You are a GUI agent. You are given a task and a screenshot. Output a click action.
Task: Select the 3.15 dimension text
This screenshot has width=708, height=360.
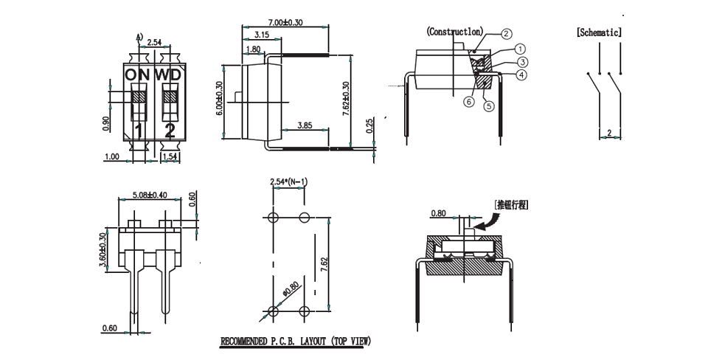(x=261, y=35)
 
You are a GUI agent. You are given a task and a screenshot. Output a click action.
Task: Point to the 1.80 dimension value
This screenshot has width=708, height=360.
(x=252, y=49)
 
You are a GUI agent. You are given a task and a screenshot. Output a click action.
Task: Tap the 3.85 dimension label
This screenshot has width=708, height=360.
(x=305, y=126)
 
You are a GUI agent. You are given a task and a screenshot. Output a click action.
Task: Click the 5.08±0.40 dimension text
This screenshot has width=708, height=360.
(x=149, y=195)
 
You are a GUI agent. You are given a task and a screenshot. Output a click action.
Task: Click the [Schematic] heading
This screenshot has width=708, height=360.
(x=599, y=33)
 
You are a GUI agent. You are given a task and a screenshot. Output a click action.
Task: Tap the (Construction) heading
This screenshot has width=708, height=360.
(x=455, y=32)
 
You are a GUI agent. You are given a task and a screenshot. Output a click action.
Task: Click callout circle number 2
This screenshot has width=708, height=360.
(x=507, y=33)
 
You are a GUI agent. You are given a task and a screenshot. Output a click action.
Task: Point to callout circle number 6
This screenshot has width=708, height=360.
(x=468, y=102)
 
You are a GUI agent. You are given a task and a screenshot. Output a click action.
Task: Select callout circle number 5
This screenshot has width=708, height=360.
(x=488, y=106)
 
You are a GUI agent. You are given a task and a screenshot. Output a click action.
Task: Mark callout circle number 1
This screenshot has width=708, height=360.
(x=521, y=49)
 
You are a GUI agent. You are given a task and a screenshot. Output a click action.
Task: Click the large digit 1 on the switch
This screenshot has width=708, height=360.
(x=138, y=131)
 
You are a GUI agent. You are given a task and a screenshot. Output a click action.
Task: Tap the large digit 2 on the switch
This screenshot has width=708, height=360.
(x=170, y=131)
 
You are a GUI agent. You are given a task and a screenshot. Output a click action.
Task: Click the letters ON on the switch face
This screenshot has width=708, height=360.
(x=137, y=75)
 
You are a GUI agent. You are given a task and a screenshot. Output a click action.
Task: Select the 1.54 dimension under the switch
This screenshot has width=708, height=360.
(x=170, y=156)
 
